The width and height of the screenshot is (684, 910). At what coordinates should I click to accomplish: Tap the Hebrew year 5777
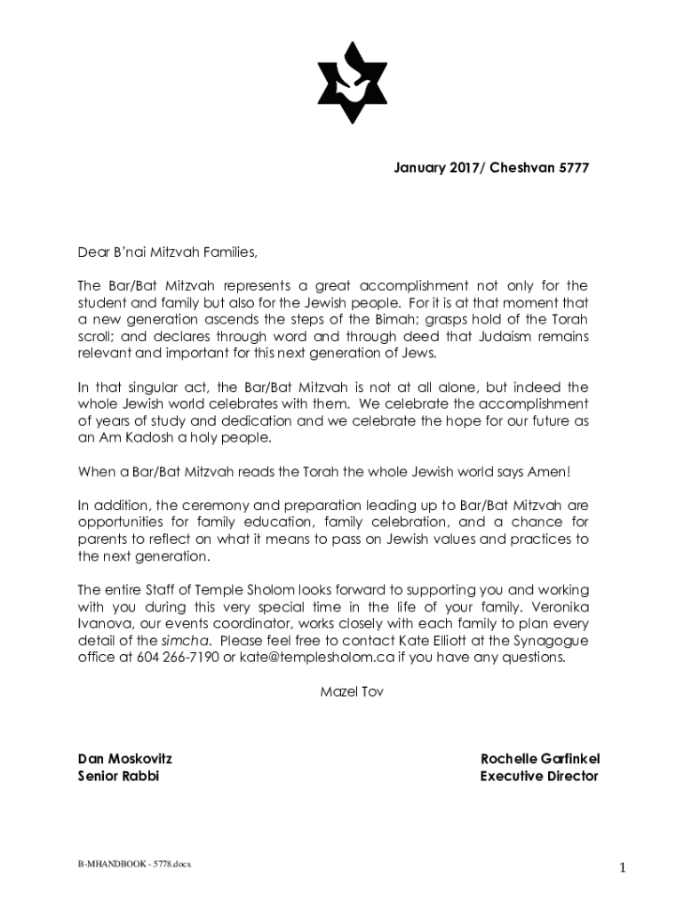point(571,167)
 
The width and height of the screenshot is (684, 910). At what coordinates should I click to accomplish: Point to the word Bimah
point(383,319)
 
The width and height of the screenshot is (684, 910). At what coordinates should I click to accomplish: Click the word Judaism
point(506,336)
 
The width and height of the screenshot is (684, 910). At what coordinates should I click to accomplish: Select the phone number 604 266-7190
point(178,657)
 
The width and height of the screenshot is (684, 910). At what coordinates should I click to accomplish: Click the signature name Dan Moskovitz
point(125,759)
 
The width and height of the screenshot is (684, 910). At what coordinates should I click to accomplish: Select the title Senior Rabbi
point(119,776)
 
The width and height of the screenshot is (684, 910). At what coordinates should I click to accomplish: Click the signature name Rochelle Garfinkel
point(540,759)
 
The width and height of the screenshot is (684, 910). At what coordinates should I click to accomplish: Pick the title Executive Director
point(539,776)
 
